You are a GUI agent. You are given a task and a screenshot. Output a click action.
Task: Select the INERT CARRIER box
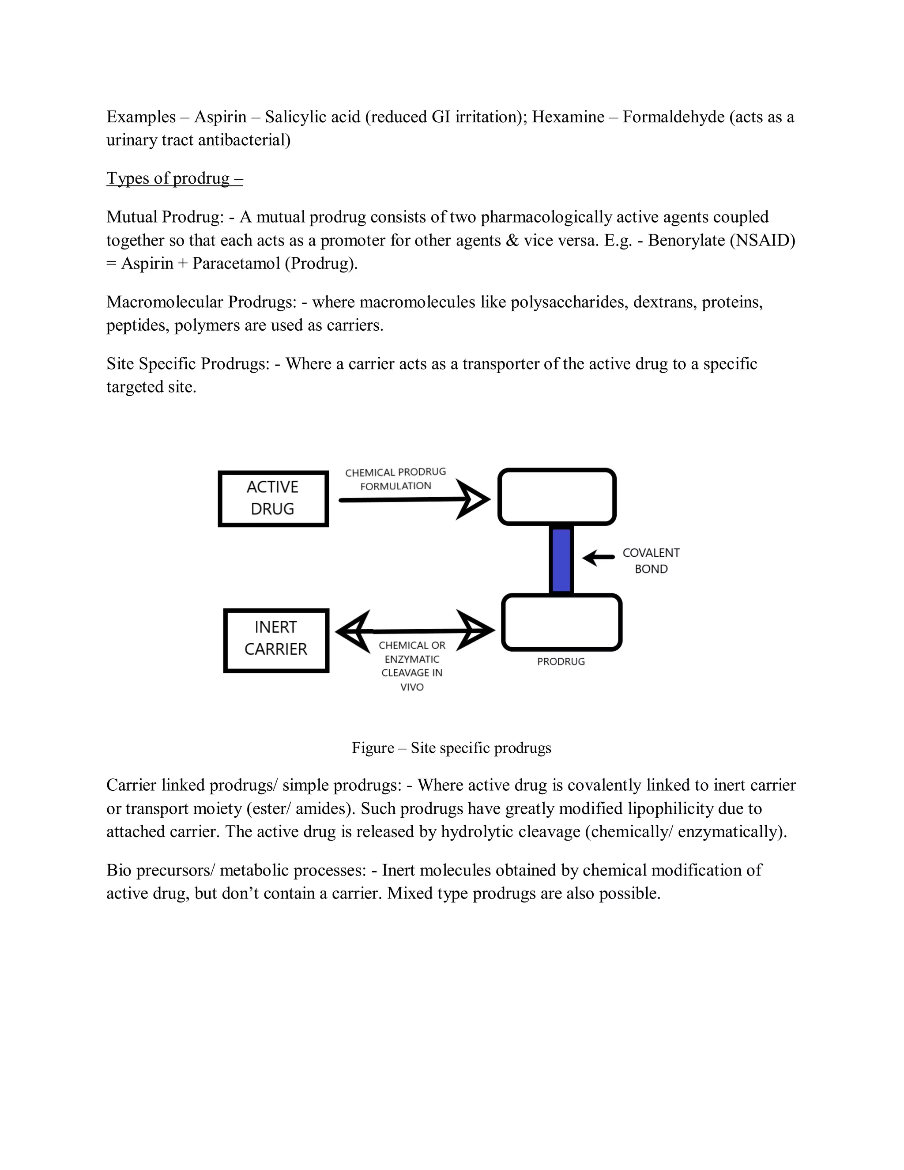pos(276,640)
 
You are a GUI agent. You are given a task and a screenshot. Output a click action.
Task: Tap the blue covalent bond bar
pos(561,559)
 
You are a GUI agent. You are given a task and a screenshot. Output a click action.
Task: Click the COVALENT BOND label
pos(651,560)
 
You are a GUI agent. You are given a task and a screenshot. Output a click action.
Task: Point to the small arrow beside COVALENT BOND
pos(598,558)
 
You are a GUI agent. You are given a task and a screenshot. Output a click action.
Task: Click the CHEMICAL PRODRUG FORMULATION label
pos(395,479)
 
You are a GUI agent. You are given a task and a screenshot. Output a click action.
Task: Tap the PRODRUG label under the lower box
pos(561,662)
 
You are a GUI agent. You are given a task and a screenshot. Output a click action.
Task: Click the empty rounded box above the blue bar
pos(557,497)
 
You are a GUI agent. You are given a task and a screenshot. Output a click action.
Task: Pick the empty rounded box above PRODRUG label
pos(561,622)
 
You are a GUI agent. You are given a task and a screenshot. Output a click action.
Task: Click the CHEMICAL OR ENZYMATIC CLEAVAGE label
pos(412,666)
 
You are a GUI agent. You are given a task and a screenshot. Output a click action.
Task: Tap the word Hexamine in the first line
pos(568,117)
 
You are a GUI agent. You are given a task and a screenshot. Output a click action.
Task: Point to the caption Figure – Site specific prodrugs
pos(451,748)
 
